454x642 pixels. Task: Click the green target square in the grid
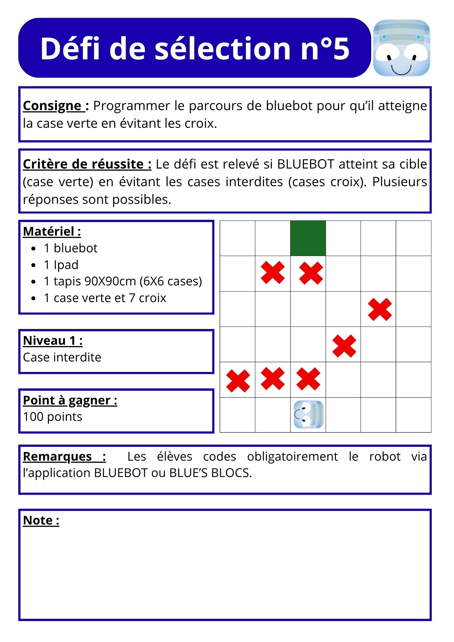pyautogui.click(x=308, y=238)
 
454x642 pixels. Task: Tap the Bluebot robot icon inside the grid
pyautogui.click(x=309, y=414)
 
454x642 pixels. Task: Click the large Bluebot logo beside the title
pyautogui.click(x=401, y=48)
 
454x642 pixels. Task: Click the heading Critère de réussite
pyautogui.click(x=87, y=164)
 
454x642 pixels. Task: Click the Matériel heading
pyautogui.click(x=52, y=231)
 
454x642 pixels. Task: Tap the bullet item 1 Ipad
pyautogui.click(x=61, y=265)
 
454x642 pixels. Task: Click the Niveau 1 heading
pyautogui.click(x=53, y=341)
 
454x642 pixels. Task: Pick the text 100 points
pyautogui.click(x=53, y=417)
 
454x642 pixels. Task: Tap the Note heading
pyautogui.click(x=41, y=520)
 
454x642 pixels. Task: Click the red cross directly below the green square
pyautogui.click(x=311, y=273)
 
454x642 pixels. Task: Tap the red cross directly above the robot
pyautogui.click(x=308, y=379)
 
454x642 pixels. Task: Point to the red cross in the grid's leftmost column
pyautogui.click(x=238, y=381)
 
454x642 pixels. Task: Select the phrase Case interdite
pyautogui.click(x=62, y=357)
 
